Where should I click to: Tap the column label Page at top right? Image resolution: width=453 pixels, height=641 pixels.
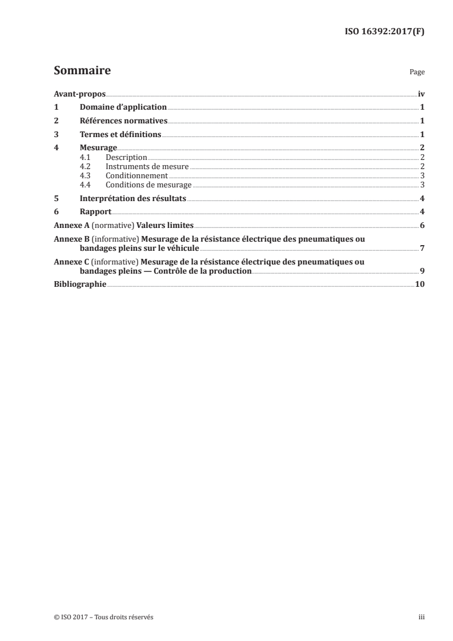[417, 73]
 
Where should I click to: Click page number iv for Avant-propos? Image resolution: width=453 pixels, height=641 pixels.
[421, 94]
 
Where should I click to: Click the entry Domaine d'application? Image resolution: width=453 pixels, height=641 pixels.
[123, 107]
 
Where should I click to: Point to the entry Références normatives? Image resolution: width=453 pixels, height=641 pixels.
[123, 121]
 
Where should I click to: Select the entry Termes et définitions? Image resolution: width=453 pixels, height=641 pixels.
[121, 135]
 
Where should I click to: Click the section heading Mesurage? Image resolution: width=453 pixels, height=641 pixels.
[94, 149]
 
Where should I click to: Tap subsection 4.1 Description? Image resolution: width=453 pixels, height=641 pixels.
[126, 157]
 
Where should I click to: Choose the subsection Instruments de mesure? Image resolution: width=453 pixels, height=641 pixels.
[147, 166]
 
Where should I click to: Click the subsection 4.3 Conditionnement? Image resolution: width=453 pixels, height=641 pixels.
[137, 175]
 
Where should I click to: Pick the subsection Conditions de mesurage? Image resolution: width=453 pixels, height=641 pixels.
[149, 185]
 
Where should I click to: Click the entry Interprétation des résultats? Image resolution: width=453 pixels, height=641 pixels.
[133, 199]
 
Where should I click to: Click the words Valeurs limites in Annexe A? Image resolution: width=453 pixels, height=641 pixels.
[170, 226]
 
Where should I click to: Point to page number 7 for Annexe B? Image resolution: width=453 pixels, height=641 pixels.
[422, 249]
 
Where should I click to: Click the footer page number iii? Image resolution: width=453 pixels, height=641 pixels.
[421, 617]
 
